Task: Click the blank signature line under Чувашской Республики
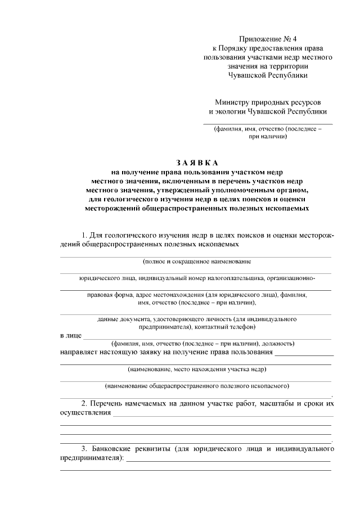point(268,123)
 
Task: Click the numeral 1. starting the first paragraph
point(85,235)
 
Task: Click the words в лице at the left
point(69,336)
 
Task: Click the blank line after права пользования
point(304,355)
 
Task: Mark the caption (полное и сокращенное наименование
point(197,262)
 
